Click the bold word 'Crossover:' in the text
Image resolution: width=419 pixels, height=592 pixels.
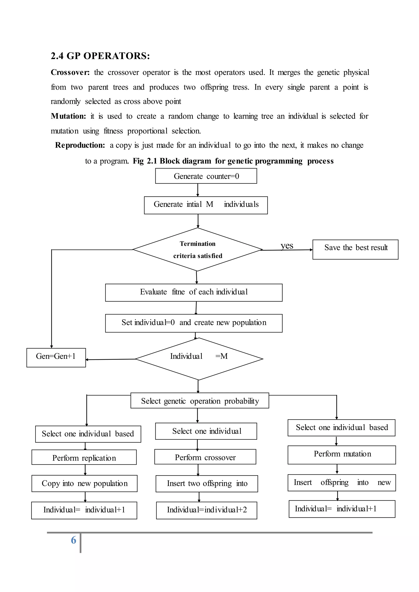click(70, 72)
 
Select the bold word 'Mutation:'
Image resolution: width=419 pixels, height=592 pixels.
click(68, 116)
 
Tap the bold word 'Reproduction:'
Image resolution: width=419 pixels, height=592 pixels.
click(80, 145)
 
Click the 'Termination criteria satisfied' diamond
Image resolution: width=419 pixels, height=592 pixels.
click(198, 250)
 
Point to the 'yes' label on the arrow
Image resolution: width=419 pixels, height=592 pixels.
click(287, 246)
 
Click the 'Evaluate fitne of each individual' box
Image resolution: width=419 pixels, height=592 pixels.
click(194, 292)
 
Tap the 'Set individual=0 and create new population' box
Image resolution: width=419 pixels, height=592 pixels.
click(194, 323)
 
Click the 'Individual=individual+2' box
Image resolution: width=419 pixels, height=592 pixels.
click(206, 510)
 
